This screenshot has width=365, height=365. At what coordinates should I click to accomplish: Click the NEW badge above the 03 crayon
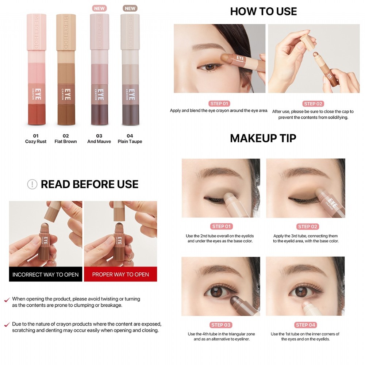(99, 8)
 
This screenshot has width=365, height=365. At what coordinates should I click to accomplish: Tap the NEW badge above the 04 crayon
(130, 8)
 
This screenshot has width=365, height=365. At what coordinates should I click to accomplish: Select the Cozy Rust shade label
(36, 141)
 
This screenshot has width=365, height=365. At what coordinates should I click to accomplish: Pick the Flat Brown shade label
(66, 141)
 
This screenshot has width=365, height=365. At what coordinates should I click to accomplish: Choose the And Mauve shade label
(99, 141)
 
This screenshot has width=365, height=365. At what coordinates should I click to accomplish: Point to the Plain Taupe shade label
(130, 141)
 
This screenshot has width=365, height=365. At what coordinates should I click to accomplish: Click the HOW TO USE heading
(263, 11)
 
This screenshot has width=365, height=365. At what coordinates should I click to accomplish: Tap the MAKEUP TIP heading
(263, 138)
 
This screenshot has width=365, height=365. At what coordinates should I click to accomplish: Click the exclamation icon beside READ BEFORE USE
(32, 184)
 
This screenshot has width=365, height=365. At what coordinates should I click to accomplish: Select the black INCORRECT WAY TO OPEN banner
(46, 274)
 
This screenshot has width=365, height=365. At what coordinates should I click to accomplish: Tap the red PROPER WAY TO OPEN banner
(120, 274)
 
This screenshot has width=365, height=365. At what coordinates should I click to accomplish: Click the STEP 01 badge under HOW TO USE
(219, 104)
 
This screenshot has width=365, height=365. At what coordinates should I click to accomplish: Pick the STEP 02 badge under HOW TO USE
(313, 104)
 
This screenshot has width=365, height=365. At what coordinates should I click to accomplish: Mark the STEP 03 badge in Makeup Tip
(221, 325)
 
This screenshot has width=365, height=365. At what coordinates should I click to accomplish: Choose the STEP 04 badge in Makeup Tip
(305, 325)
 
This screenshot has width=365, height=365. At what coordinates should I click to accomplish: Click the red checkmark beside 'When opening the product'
(7, 300)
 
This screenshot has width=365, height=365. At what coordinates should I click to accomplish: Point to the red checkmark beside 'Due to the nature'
(7, 324)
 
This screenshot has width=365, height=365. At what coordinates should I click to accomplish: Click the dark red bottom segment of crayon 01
(36, 114)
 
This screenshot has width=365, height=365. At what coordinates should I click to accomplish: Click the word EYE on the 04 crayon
(132, 95)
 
